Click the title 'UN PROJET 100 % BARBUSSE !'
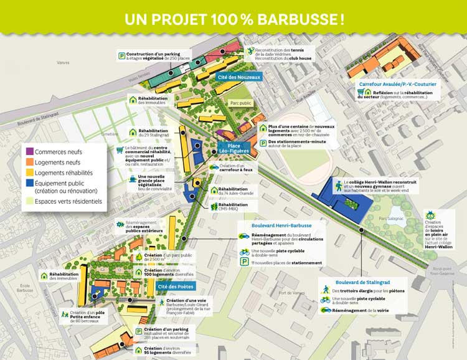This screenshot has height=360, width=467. (x=233, y=17)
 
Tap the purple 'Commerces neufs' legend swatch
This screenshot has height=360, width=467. (x=29, y=151)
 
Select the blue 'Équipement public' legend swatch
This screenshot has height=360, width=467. (x=29, y=184)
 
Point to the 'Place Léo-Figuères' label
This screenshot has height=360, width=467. (x=234, y=148)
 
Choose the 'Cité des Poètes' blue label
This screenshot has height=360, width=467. (x=176, y=287)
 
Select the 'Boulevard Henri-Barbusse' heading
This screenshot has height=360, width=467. (x=281, y=225)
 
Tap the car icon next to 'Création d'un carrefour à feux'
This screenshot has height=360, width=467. (x=214, y=167)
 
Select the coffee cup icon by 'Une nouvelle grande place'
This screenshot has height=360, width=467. (x=133, y=179)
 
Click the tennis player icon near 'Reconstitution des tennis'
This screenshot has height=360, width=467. (x=250, y=50)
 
